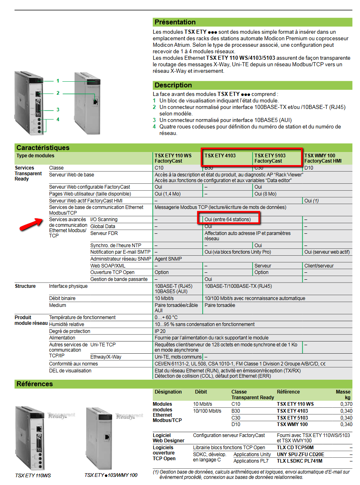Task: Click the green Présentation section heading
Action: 175,22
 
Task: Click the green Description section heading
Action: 173,85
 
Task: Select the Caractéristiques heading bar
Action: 43,148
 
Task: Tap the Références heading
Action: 35,384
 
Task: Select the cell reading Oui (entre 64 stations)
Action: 228,220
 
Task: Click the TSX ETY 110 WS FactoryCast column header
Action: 173,158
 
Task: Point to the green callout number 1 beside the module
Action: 58,81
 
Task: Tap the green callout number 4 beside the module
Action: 58,119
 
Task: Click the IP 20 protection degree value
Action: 160,331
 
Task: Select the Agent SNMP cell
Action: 168,259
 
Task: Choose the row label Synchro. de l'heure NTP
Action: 116,246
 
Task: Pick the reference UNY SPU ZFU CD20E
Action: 301,454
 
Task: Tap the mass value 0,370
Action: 346,404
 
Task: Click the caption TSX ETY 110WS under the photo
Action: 33,475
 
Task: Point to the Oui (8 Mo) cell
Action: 265,194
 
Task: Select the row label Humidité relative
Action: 67,324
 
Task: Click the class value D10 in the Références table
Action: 236,424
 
